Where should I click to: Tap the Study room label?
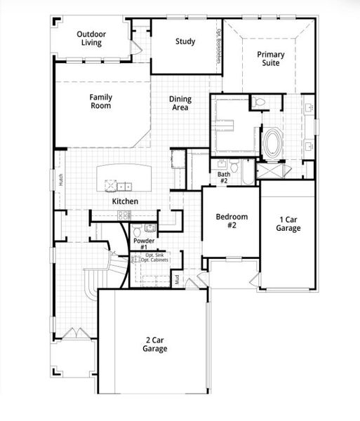point(185,41)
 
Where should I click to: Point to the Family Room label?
point(101,101)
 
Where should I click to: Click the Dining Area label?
point(180,104)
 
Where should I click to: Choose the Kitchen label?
point(126,201)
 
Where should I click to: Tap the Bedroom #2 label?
point(229,222)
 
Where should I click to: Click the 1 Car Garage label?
point(288,224)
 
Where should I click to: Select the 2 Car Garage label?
point(152,344)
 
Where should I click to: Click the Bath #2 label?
point(223,178)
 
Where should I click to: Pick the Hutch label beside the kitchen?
point(61,180)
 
